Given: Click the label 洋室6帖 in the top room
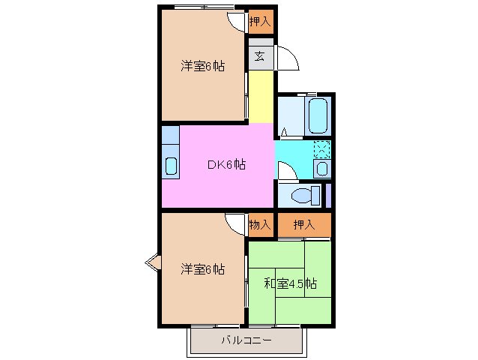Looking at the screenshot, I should (202, 66).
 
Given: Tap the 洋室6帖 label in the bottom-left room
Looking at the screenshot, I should (202, 268).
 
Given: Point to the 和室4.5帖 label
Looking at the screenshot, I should (290, 283).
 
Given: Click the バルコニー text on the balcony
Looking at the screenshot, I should (246, 341).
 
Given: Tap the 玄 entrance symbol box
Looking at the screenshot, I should (259, 55).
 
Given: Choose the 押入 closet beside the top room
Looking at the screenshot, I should (261, 22).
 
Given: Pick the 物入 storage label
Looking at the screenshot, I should (261, 224).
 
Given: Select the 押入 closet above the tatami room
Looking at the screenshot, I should (303, 224).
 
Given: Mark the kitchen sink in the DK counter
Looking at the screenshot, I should (170, 166).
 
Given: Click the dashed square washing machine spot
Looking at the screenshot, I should (321, 148).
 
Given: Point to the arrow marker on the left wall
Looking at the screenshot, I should (152, 262).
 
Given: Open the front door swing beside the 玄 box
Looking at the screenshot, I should (286, 57).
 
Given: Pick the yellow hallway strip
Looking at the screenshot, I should (261, 95).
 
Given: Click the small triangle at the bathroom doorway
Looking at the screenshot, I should (284, 133).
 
